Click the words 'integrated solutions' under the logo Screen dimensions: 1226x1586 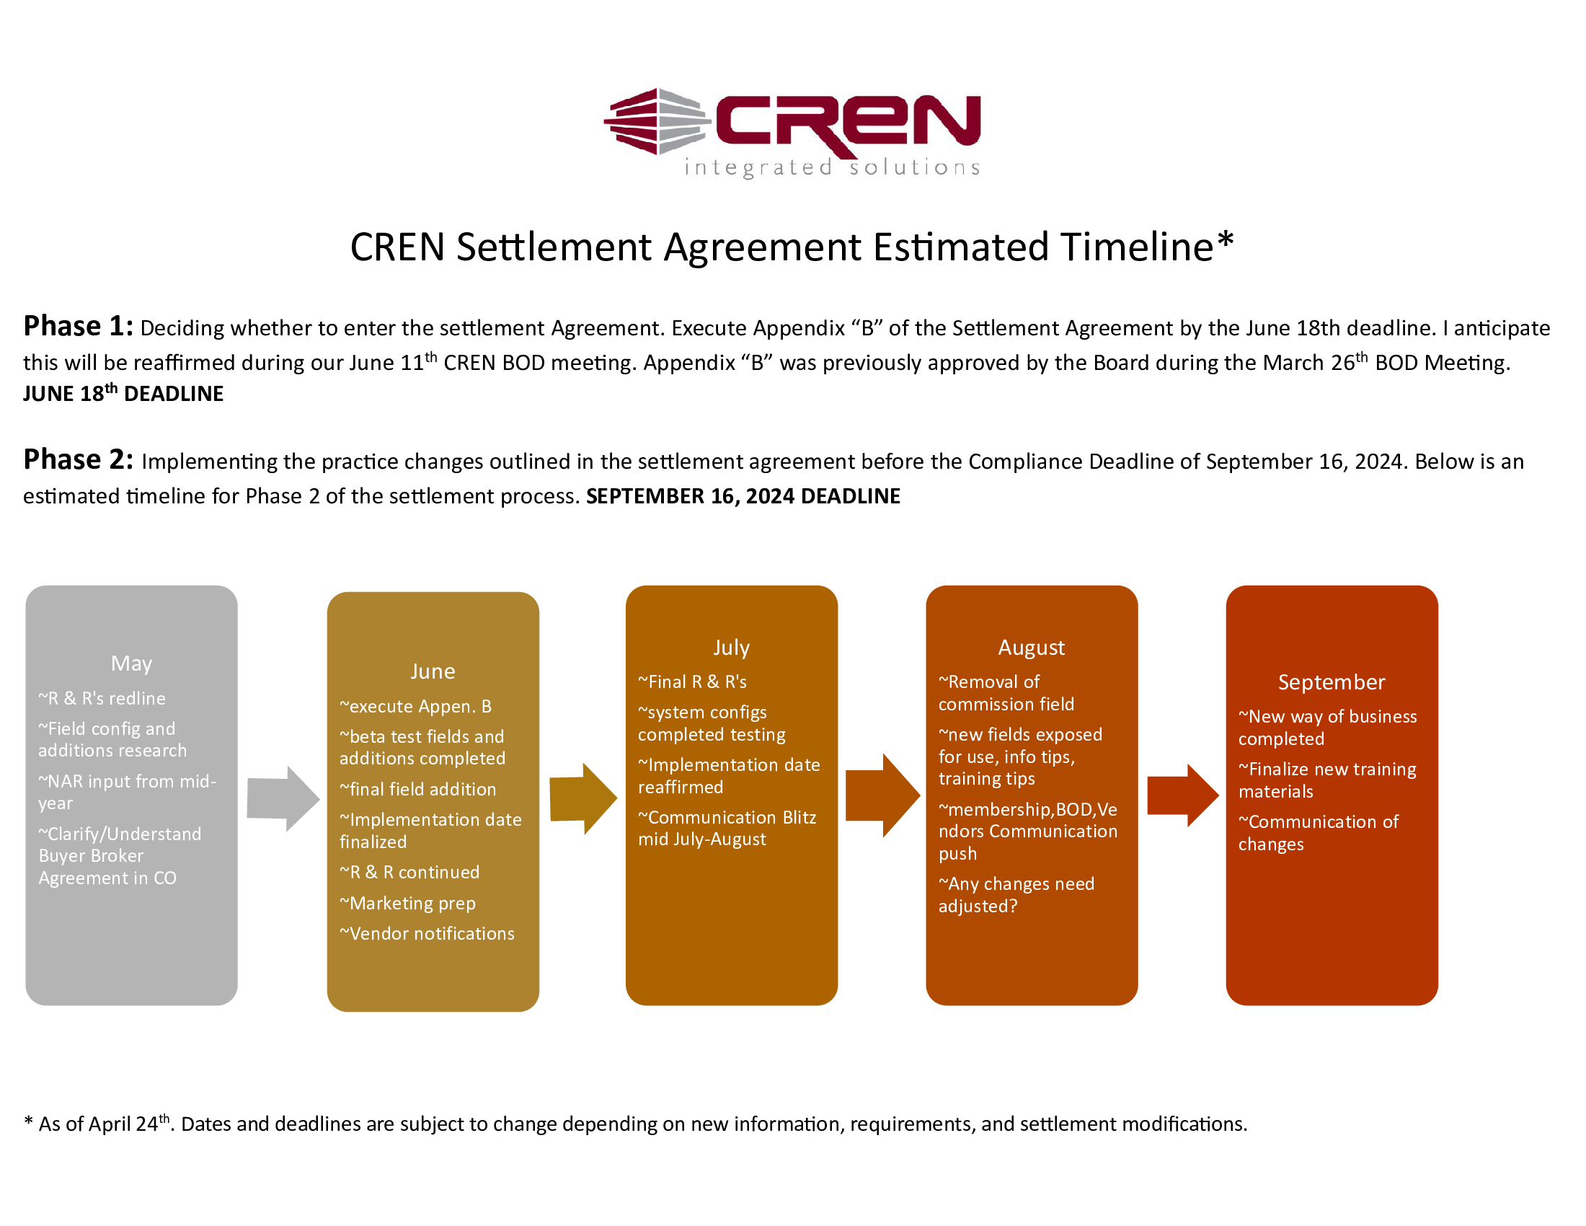point(832,168)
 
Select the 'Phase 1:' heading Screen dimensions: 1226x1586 point(78,327)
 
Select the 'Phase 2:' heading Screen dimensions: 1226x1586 point(78,460)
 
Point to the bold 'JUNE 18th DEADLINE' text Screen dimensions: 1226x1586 point(123,394)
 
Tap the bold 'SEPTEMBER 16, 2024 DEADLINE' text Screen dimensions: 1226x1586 point(743,496)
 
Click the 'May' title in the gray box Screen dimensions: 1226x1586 point(131,663)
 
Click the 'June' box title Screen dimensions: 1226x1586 point(433,671)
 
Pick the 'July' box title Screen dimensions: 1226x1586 point(731,647)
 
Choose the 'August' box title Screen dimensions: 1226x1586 point(1031,647)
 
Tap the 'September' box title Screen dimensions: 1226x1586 point(1331,682)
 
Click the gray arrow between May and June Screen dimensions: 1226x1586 point(283,798)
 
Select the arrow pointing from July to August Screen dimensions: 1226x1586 point(882,795)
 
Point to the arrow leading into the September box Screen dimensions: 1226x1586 point(1182,795)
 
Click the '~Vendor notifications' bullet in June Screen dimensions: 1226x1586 point(427,933)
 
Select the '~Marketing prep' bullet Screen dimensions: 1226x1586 point(407,903)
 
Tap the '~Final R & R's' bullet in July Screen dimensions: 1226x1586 point(692,682)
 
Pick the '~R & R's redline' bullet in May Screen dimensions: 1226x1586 point(102,698)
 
